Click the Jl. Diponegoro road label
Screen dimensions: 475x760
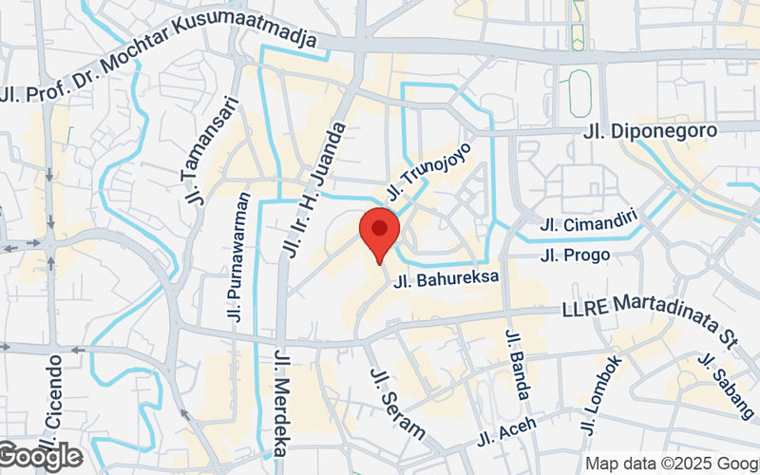coord(663,131)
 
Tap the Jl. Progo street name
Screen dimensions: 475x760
coord(575,255)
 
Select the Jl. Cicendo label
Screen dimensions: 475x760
coord(55,399)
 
